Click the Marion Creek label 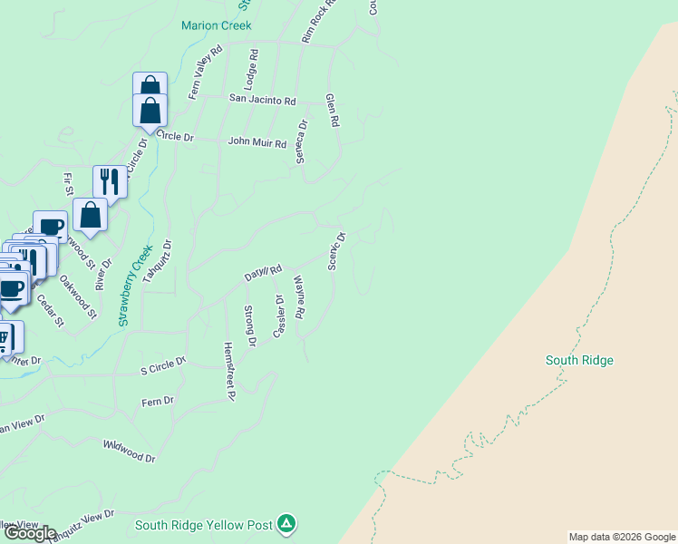tap(216, 25)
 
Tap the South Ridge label tap(579, 360)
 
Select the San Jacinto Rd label tap(262, 99)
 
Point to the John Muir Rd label tap(257, 142)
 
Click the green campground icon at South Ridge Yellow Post tap(286, 523)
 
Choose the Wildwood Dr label tap(130, 451)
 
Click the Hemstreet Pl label tap(229, 371)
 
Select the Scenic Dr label tap(335, 251)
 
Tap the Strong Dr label tap(250, 326)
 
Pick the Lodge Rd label tap(253, 69)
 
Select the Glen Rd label tap(332, 109)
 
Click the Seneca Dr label tap(301, 142)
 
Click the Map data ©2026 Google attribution tap(622, 537)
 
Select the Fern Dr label tap(157, 401)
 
